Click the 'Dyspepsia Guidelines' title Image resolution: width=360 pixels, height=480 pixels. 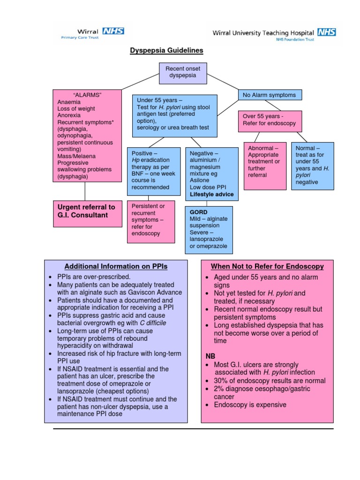(x=166, y=50)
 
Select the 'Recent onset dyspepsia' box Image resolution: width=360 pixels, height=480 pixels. (x=182, y=72)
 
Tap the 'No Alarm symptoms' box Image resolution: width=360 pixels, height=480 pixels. (x=269, y=95)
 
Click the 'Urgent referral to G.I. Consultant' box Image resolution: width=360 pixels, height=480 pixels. (x=88, y=211)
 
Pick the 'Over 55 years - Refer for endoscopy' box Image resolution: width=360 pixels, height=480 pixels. (x=270, y=120)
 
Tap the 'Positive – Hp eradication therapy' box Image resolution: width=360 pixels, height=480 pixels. (x=154, y=170)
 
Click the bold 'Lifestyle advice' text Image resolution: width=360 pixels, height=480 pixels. (x=211, y=194)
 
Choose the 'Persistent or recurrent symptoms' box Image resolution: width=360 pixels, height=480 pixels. (x=151, y=222)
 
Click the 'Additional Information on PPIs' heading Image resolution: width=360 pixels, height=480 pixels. (x=116, y=266)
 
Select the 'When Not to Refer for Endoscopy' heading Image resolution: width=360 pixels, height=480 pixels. (x=267, y=266)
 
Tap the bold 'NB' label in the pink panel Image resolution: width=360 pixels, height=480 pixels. (x=210, y=356)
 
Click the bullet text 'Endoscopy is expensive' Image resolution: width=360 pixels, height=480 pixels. (x=250, y=405)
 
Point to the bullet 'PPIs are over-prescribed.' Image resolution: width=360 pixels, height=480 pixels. (x=94, y=277)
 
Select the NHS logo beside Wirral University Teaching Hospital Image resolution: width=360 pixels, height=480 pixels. (x=327, y=32)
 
